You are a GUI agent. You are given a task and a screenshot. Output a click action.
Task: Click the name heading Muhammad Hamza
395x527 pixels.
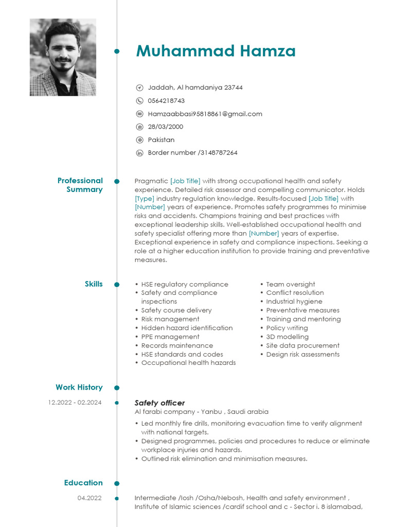pos(216,51)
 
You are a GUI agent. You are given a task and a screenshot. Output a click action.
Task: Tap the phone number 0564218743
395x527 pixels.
pos(166,101)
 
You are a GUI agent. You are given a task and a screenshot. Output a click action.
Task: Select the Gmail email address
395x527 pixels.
pos(205,114)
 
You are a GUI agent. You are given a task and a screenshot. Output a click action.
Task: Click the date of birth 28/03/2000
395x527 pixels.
pos(165,127)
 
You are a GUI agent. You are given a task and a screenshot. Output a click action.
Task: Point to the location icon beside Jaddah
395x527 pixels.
pos(139,88)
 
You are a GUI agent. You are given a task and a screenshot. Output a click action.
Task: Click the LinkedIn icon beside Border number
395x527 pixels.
pos(139,153)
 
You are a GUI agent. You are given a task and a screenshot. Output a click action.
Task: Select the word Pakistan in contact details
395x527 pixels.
pos(161,140)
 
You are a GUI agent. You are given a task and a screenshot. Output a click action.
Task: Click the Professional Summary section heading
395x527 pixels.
pos(80,185)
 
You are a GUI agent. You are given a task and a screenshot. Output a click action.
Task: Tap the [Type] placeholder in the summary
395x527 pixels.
pos(145,198)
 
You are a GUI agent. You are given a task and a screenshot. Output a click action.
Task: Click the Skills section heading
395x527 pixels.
pos(94,284)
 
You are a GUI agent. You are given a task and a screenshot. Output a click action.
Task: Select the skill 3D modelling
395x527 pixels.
pos(287,337)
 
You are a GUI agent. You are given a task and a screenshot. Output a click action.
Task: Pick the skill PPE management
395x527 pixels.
pos(170,337)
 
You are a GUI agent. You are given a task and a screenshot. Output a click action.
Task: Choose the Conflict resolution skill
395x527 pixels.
pos(295,293)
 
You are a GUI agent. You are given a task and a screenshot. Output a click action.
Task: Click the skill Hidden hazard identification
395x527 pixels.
pos(187,328)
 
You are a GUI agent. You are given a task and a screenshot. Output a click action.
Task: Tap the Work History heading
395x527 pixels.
pos(79,388)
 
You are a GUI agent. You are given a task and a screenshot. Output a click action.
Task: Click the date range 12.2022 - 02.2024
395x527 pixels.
pos(75,402)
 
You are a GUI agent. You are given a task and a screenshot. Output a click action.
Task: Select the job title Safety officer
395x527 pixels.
pos(159,403)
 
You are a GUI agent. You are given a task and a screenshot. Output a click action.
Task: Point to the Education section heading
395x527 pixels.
pos(83,483)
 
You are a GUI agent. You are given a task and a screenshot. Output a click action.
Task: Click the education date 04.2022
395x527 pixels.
pos(89,498)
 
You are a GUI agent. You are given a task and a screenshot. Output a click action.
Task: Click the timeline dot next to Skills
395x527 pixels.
pos(117,285)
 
